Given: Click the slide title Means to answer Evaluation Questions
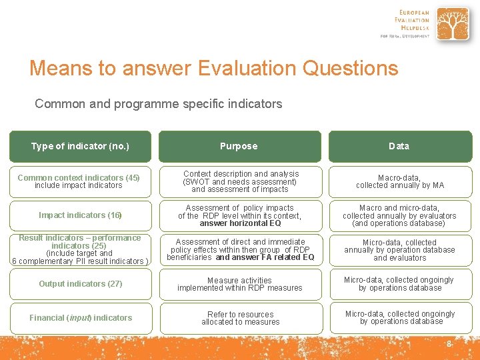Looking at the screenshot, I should (x=213, y=68).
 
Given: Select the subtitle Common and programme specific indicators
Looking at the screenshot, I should (x=158, y=104).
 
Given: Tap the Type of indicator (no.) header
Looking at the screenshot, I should (x=80, y=146).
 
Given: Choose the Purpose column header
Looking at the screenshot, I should (x=239, y=146).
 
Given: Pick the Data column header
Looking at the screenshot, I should (x=399, y=146).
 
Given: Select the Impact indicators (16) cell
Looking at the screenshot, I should (x=80, y=215).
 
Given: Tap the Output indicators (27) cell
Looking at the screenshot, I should (x=80, y=284).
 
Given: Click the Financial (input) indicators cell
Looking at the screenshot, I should (x=80, y=318).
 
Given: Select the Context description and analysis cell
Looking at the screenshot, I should (x=240, y=181).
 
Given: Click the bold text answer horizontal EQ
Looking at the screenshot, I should (x=240, y=223).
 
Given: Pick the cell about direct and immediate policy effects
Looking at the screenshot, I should (x=240, y=249).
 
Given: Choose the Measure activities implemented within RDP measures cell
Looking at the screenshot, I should (x=240, y=284).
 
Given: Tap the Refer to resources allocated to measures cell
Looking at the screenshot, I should (x=240, y=318).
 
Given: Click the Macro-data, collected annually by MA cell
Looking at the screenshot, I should (x=399, y=181).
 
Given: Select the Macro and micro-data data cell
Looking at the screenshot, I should (x=399, y=215).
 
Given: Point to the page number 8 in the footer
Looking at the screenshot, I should (x=449, y=344).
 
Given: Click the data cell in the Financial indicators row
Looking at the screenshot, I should (x=399, y=318).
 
